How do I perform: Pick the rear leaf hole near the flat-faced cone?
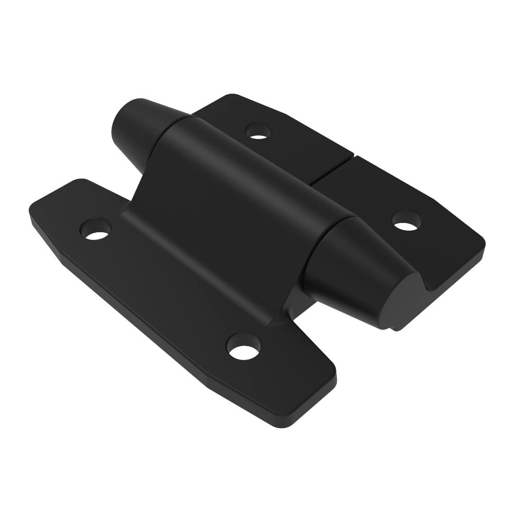point(407,220)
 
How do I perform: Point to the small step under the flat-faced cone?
point(394,329)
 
